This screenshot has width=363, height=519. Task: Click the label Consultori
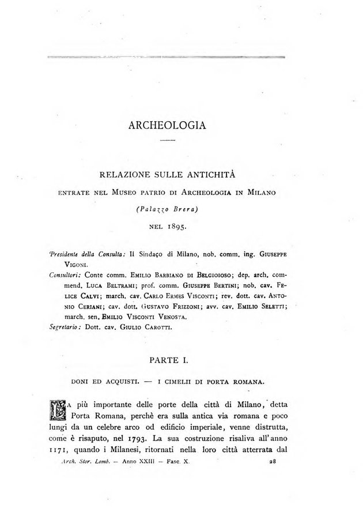[x=66, y=274]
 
